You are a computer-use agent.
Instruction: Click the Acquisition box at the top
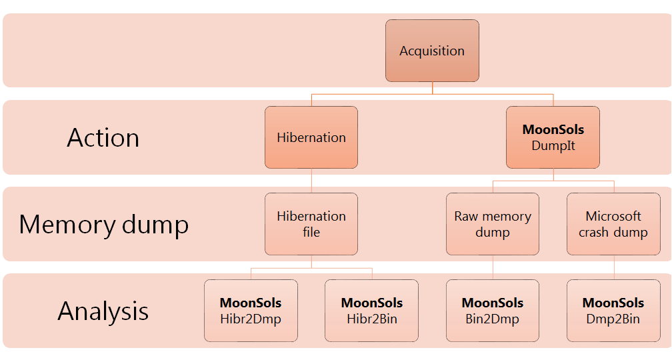[x=432, y=51]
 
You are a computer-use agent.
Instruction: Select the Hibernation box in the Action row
[x=311, y=137]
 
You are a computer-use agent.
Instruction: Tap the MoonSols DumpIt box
[x=553, y=137]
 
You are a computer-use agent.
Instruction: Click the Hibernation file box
[x=311, y=224]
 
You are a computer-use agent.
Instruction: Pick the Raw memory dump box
[x=493, y=224]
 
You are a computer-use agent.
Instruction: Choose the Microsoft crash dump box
[x=613, y=224]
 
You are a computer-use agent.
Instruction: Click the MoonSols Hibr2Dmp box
[x=251, y=311]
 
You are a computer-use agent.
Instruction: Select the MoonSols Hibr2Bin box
[x=371, y=311]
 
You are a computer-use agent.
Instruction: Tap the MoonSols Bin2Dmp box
[x=493, y=311]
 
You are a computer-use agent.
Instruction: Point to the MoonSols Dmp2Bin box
[x=613, y=311]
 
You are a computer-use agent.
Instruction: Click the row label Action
[x=103, y=138]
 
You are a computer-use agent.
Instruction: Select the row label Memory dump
[x=103, y=225]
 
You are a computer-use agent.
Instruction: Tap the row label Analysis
[x=103, y=311]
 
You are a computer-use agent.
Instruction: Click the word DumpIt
[x=553, y=145]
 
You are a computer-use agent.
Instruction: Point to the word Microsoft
[x=613, y=216]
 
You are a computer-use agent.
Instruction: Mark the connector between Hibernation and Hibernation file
[x=311, y=181]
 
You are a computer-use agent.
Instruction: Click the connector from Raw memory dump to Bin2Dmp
[x=493, y=267]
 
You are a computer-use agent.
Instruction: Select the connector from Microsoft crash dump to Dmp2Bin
[x=614, y=267]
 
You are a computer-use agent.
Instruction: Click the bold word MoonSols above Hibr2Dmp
[x=251, y=303]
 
